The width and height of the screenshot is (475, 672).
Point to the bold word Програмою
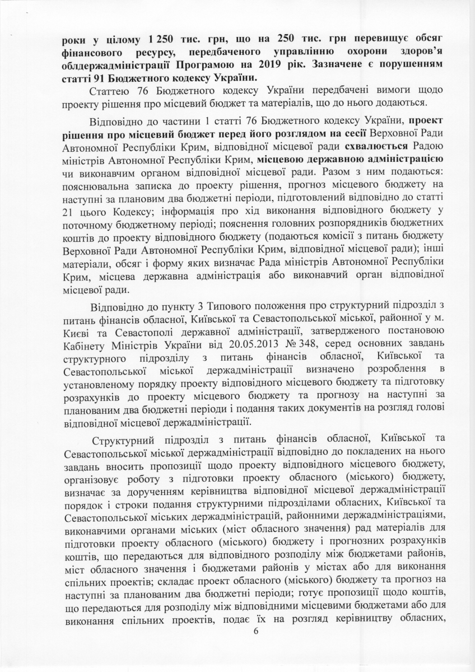click(200, 64)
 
